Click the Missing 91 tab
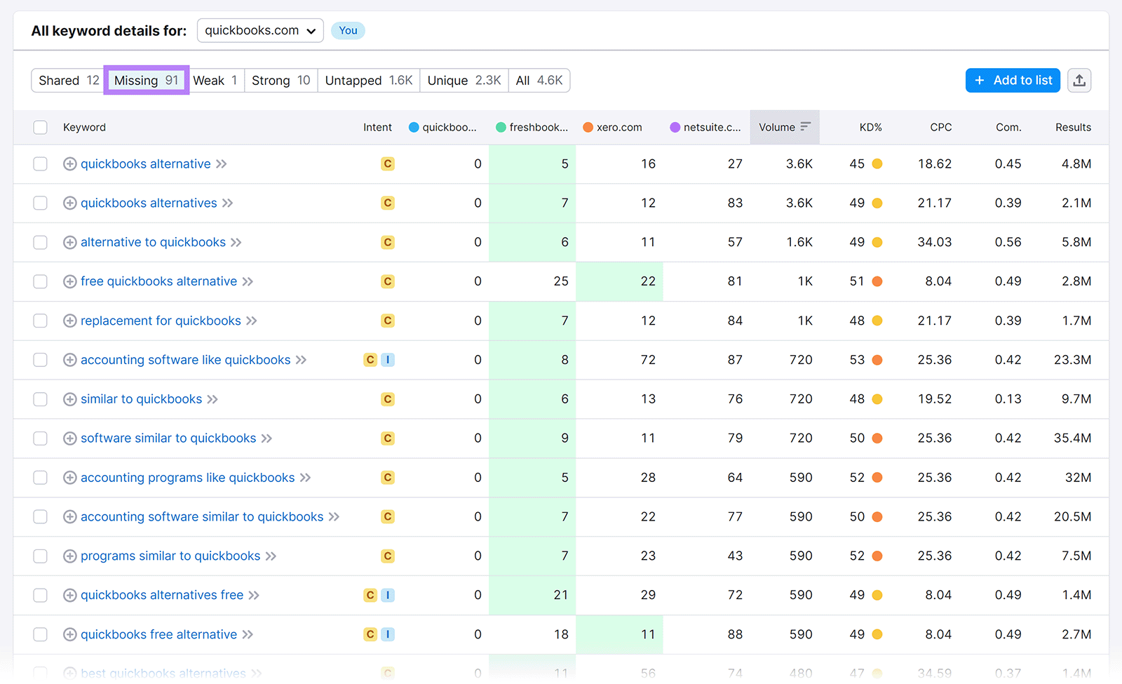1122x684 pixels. (146, 81)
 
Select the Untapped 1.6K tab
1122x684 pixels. (368, 81)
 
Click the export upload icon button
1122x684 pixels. (1079, 81)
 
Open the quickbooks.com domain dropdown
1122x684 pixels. (260, 31)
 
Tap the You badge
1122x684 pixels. (348, 31)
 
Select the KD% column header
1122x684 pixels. (870, 128)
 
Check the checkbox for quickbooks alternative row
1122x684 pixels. (41, 164)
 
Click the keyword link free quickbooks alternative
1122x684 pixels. (158, 281)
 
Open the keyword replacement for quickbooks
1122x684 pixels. (161, 321)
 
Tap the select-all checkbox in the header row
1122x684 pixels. (41, 128)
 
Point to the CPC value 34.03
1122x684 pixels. (934, 242)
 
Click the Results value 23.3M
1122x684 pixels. (1072, 360)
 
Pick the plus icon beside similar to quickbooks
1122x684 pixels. (70, 399)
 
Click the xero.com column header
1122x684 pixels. (619, 128)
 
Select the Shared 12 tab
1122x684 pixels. (69, 81)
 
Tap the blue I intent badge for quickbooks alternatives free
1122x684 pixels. (388, 595)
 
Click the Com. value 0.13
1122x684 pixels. (1008, 399)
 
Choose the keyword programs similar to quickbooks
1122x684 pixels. (170, 556)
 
